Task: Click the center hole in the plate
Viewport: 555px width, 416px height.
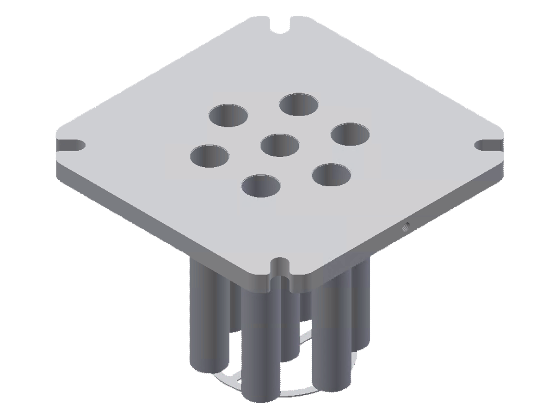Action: pyautogui.click(x=280, y=145)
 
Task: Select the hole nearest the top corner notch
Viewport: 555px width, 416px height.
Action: pyautogui.click(x=299, y=104)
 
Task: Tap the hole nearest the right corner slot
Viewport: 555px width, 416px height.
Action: pyautogui.click(x=350, y=135)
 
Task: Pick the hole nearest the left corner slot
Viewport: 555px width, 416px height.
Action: pyautogui.click(x=210, y=156)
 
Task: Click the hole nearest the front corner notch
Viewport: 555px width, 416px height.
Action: pyautogui.click(x=261, y=186)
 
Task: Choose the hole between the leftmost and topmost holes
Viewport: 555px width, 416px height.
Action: pyautogui.click(x=228, y=115)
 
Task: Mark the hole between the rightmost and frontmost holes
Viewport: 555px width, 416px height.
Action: pyautogui.click(x=331, y=175)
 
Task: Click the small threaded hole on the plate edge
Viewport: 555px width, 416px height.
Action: pyautogui.click(x=406, y=226)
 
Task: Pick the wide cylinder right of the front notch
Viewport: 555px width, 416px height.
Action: pyautogui.click(x=332, y=333)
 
